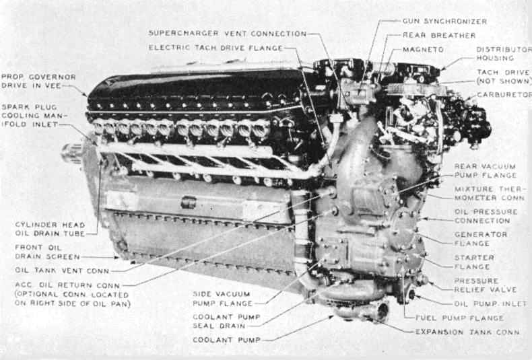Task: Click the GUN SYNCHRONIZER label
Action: coord(445,22)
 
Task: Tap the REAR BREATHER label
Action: coord(439,35)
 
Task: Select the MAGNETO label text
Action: coord(423,50)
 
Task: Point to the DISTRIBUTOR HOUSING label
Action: coord(504,54)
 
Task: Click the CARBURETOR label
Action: coord(504,95)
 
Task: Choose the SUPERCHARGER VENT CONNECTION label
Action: coord(228,34)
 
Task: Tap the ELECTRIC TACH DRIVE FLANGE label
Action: coord(215,48)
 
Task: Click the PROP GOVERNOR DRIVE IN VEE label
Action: coord(38,81)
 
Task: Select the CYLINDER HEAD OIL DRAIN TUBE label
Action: coord(50,229)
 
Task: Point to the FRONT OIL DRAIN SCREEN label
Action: coord(47,252)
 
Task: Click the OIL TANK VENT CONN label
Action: coord(62,271)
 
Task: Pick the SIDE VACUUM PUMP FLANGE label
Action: coord(223,299)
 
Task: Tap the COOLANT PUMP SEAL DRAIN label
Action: coord(226,322)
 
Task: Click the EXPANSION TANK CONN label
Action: coord(467,332)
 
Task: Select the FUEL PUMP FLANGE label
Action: coord(459,318)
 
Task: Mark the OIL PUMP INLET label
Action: coord(490,303)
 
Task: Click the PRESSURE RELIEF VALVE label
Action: coord(486,285)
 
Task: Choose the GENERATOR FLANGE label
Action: coord(481,239)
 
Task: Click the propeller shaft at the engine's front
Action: coord(72,153)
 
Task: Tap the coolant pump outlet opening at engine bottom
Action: coord(383,311)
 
